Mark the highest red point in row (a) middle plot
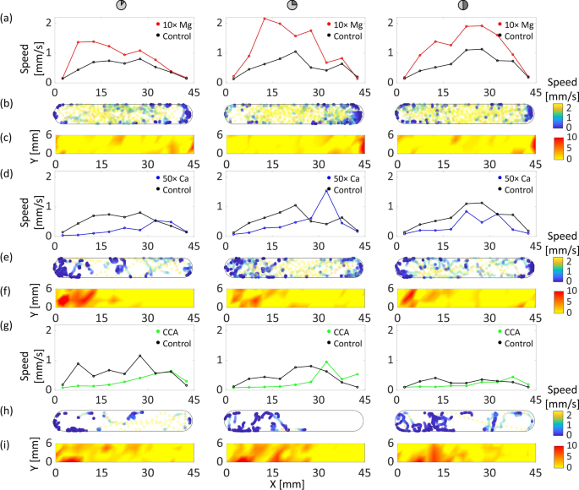coord(265,19)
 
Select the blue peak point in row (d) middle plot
coord(327,190)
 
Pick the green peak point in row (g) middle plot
coord(326,362)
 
